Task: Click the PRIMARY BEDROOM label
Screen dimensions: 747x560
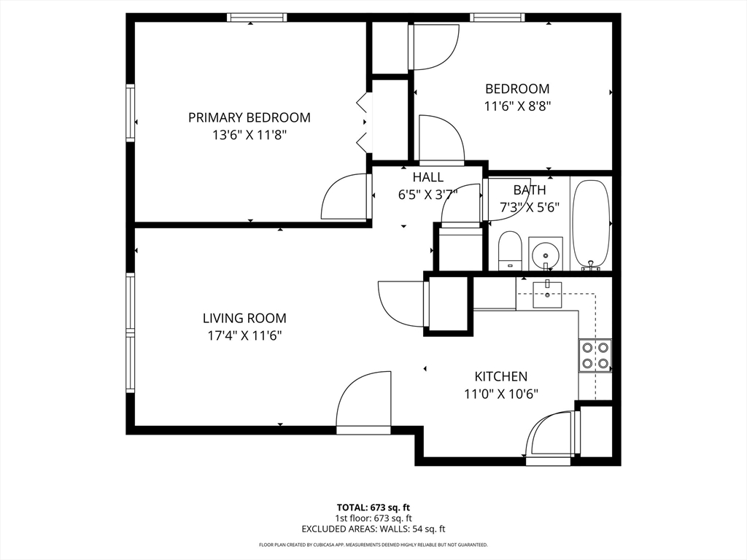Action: coord(249,117)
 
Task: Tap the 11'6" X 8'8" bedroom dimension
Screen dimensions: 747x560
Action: coord(517,106)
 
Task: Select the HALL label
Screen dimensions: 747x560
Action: coord(427,177)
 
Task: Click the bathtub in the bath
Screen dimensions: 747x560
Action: coord(591,225)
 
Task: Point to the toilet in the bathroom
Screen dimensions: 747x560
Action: coord(510,251)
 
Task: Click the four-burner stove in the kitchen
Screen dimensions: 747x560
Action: coord(595,356)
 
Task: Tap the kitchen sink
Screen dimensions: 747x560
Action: coord(547,295)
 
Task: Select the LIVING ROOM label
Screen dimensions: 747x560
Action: coord(244,318)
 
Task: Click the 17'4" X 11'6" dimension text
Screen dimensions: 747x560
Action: coord(244,335)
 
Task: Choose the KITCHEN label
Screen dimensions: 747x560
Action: coord(500,376)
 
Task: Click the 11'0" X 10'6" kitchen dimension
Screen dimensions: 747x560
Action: coord(501,394)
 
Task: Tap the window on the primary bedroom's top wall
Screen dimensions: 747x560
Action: coord(257,17)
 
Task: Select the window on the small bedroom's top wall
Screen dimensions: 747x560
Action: coord(498,17)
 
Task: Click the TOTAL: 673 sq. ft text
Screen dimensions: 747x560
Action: coord(373,507)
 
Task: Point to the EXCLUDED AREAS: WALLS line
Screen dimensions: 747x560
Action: coord(373,529)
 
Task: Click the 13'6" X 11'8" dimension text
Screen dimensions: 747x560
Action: coord(249,135)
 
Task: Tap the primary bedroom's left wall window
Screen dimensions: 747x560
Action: coord(130,113)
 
